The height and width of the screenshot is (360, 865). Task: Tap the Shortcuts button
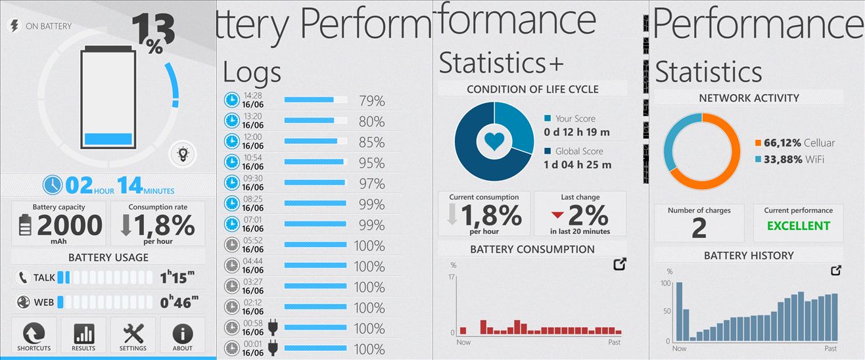coord(34,336)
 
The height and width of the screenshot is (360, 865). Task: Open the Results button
coord(83,336)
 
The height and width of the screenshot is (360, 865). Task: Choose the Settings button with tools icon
coord(133,336)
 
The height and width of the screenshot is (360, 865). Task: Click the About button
coord(182,336)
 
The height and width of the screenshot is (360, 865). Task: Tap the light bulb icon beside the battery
coord(182,154)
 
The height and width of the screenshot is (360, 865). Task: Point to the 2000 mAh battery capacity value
coord(69,226)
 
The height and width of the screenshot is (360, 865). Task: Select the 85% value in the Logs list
coord(371,142)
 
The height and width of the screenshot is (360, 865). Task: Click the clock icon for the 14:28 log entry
coord(231,101)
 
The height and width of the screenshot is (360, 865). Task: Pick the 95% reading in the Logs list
coord(371,163)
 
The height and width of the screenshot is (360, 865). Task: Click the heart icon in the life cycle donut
coord(494,140)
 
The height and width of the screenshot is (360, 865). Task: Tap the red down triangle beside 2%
coord(557,215)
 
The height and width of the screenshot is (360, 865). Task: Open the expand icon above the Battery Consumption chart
coord(619,264)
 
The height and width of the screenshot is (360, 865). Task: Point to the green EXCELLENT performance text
coord(798,226)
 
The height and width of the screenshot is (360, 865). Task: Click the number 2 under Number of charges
coord(699,228)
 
